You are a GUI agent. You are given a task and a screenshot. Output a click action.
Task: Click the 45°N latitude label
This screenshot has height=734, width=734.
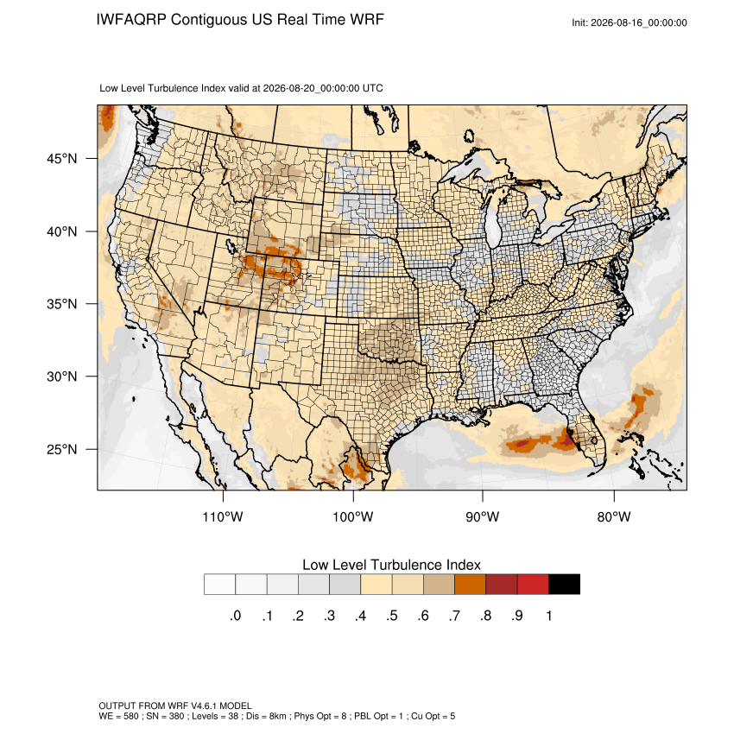62,159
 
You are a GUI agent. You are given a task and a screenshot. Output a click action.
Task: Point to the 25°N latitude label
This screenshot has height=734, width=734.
62,449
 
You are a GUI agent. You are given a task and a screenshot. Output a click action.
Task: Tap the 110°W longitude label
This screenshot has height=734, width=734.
223,516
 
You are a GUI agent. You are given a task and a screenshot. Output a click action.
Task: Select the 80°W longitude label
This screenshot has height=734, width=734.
614,516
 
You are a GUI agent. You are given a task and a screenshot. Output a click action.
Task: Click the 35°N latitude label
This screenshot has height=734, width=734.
62,304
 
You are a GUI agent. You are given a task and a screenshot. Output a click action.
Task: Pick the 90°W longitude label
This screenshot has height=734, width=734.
482,516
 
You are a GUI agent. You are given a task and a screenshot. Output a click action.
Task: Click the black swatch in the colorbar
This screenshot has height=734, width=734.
564,585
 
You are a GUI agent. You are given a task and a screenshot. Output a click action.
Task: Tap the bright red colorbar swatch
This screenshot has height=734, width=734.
533,585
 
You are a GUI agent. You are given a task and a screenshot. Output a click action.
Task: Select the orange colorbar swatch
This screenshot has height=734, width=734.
470,585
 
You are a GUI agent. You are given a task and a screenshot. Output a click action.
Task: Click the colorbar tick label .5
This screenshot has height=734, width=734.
392,616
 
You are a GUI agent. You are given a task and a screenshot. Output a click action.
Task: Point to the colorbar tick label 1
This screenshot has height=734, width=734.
548,616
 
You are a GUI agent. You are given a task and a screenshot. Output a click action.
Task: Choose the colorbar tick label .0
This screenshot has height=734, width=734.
236,616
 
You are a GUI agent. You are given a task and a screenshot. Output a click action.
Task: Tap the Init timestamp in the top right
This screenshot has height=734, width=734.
630,22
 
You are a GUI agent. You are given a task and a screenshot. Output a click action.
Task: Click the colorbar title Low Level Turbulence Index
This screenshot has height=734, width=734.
391,565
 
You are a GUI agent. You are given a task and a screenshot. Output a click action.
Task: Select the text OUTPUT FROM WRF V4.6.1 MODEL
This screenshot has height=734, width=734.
175,706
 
